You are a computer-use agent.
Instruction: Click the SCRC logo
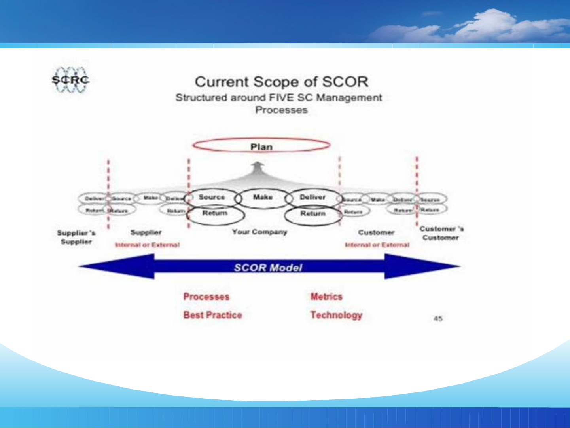tap(70, 80)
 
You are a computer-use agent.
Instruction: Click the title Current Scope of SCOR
tap(281, 82)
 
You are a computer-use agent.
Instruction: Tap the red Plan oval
tap(261, 146)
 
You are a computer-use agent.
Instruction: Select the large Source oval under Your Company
tap(212, 197)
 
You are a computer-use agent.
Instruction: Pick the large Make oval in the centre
tap(263, 197)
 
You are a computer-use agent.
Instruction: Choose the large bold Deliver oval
tap(312, 197)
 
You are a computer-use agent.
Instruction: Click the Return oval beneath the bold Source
tap(215, 214)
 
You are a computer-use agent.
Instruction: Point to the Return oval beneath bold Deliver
tap(313, 214)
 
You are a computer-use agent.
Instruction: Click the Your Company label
tap(259, 232)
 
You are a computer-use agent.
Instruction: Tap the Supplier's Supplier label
tap(76, 237)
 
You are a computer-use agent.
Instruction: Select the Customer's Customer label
tap(441, 233)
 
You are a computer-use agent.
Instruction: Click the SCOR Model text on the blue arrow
tap(268, 268)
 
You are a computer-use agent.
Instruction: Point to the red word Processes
tap(206, 297)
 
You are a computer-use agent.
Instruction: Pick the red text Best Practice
tap(212, 315)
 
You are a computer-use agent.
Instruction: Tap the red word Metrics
tap(326, 297)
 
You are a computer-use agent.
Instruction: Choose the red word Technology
tap(336, 315)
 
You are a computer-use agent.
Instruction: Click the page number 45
tap(438, 318)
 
